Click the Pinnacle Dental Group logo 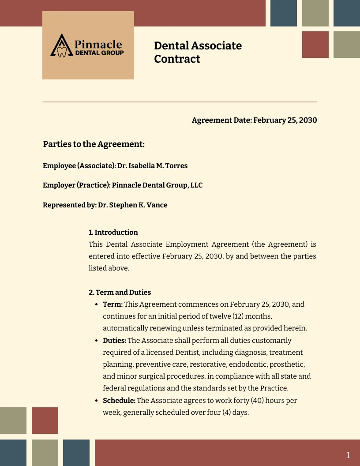click(88, 45)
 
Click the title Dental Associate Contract click(198, 52)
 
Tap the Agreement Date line click(254, 120)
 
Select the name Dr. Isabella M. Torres click(152, 166)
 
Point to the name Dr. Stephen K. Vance click(133, 205)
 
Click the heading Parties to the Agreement click(94, 144)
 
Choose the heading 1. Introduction click(113, 232)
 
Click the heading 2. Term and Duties click(120, 292)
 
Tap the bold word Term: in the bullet click(112, 304)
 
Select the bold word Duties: click(115, 341)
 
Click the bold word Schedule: click(119, 401)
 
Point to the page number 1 click(348, 455)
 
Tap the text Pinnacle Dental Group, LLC click(157, 185)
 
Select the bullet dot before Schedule click(97, 401)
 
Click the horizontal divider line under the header click(180, 102)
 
